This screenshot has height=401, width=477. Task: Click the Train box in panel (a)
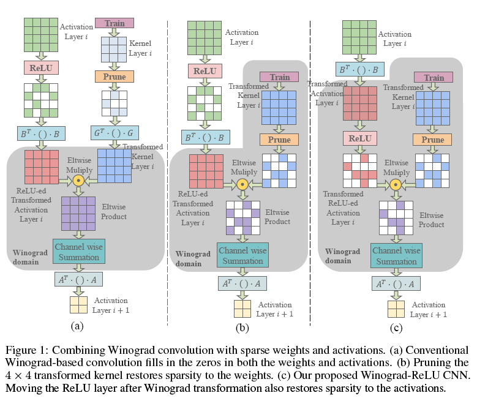(115, 23)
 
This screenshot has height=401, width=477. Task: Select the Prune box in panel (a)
(115, 77)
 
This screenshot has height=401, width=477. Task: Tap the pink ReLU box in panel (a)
(41, 67)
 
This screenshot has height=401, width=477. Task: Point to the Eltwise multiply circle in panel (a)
(78, 181)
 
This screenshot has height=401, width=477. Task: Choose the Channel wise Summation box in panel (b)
(243, 256)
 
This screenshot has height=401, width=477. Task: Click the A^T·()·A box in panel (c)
(396, 283)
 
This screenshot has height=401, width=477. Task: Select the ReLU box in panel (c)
(360, 139)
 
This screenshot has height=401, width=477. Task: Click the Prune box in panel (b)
(279, 140)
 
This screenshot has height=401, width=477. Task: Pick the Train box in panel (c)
(434, 77)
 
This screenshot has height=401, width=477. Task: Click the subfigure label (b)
(242, 328)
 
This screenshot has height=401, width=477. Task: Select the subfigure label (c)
(396, 328)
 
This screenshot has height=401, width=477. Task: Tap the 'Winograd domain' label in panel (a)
(31, 257)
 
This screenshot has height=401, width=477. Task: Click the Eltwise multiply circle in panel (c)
(396, 184)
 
